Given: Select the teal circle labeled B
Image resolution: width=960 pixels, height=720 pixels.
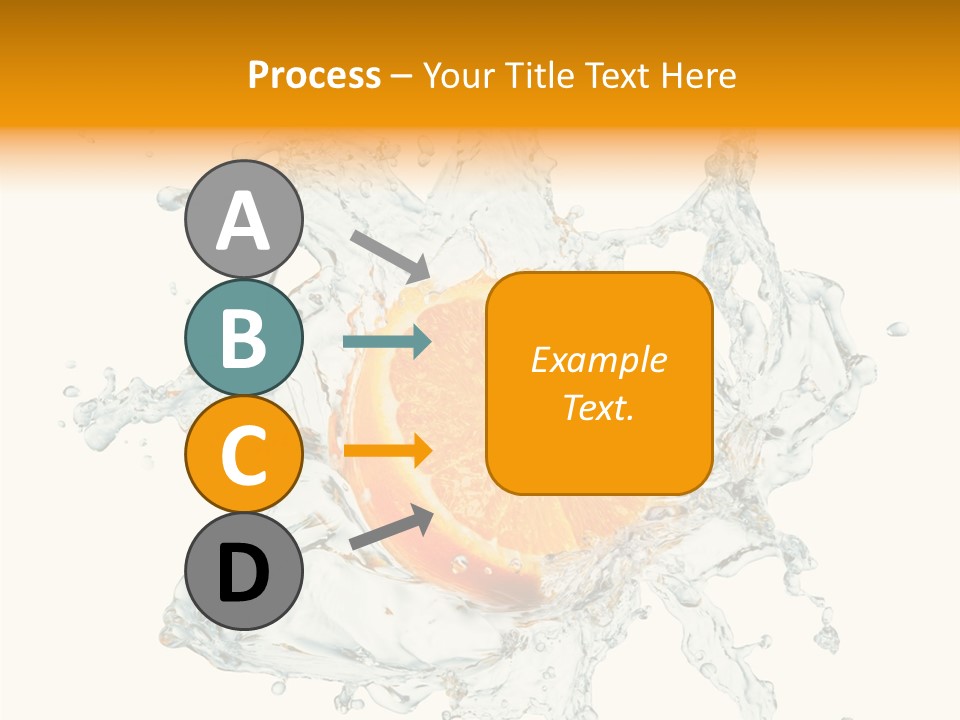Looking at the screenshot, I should click(x=243, y=338).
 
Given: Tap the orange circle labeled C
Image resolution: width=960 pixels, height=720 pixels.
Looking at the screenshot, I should click(x=243, y=455).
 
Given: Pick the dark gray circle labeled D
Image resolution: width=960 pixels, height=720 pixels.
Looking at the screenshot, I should click(x=243, y=572).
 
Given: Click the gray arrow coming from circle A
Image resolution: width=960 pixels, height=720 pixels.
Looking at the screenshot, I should click(x=389, y=255).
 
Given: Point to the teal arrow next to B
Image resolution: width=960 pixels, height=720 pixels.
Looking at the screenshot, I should click(x=387, y=342).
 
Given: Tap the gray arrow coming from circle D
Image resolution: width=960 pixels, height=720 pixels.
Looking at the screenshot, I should click(x=390, y=527).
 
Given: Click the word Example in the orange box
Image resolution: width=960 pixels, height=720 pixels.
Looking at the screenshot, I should click(x=599, y=360).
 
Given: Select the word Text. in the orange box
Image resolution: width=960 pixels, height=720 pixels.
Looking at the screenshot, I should click(x=599, y=407).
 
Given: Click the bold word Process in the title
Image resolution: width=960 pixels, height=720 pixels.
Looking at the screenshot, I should click(x=314, y=75).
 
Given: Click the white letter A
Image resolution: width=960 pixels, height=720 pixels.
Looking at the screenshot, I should click(x=243, y=221).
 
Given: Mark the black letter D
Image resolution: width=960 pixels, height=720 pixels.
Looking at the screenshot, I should click(x=243, y=574).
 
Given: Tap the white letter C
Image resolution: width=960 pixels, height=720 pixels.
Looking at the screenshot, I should click(x=243, y=456).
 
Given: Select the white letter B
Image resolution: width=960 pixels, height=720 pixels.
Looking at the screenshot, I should click(x=243, y=338).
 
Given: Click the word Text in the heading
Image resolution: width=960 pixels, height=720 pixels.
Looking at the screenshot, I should click(x=618, y=75).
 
